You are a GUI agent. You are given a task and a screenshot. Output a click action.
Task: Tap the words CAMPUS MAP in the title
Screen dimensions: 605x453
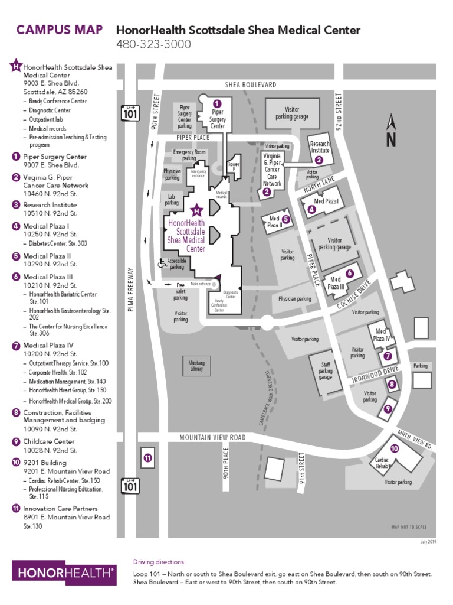pos(59,30)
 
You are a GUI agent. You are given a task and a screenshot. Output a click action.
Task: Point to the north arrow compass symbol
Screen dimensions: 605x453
pos(390,130)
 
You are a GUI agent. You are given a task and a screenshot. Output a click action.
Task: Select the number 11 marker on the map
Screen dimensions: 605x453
pos(147,457)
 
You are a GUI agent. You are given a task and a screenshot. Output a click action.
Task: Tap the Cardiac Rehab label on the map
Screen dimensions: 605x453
pos(383,463)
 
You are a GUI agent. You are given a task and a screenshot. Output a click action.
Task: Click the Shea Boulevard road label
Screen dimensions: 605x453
pos(250,85)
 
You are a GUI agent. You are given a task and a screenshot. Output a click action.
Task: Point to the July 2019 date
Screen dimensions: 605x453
pos(428,541)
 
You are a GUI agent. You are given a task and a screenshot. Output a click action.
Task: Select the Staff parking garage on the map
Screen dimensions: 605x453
pos(326,371)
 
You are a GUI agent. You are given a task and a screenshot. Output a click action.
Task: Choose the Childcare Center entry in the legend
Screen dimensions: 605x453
pos(49,441)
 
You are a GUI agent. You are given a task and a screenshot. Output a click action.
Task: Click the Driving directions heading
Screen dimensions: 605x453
pos(159,561)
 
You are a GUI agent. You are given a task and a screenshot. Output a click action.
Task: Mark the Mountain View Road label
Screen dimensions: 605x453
pos(212,437)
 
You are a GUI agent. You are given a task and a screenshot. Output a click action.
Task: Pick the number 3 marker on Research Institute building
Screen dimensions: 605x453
pos(319,160)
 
